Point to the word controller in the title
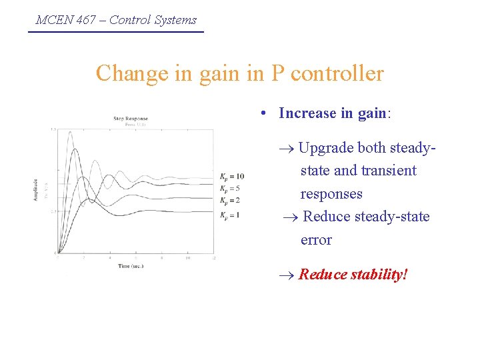pos(337,73)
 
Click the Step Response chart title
pos(131,119)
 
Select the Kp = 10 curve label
pos(232,177)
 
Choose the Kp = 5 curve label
pos(230,189)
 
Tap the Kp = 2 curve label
pos(230,200)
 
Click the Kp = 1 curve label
pos(230,215)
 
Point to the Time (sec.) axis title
pos(131,265)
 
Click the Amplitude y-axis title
pos(36,190)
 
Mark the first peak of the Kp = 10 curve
pos(71,133)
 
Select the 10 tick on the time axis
pos(188,257)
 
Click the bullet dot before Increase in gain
pos(265,114)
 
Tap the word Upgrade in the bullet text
pos(326,148)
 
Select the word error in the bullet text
pos(316,240)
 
